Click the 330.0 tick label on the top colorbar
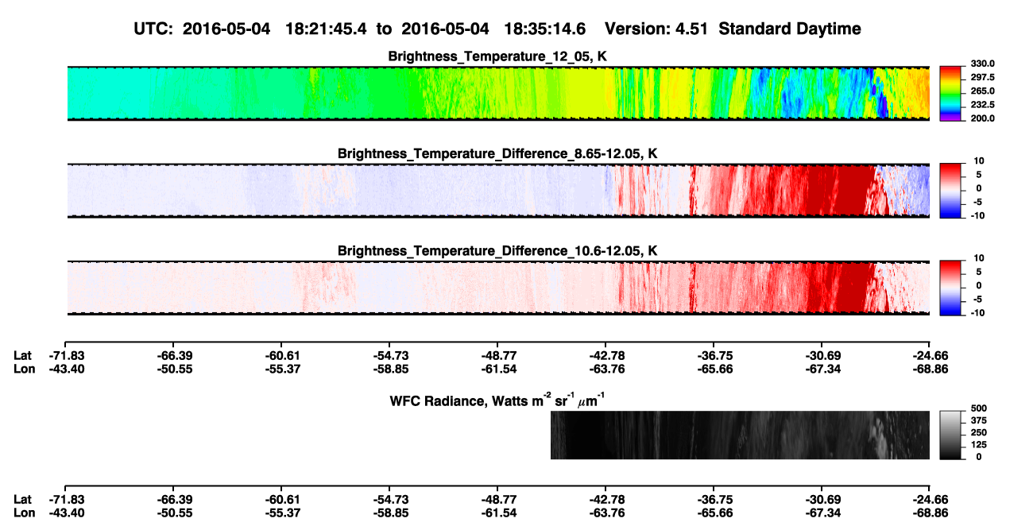(x=982, y=64)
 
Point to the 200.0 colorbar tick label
(x=982, y=118)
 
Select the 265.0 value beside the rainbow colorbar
(x=982, y=91)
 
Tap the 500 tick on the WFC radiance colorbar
(x=979, y=408)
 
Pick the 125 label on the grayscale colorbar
(x=979, y=445)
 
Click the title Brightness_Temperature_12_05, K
(x=497, y=56)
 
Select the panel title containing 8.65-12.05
(x=497, y=153)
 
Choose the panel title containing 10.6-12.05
(x=497, y=251)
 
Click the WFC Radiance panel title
(x=497, y=400)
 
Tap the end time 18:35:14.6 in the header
(x=544, y=29)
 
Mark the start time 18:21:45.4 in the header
(x=326, y=29)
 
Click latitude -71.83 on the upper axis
(x=67, y=356)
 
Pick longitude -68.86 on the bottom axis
(x=930, y=513)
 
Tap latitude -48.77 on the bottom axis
(x=499, y=500)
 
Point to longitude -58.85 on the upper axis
(x=391, y=369)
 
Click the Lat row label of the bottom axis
(x=22, y=500)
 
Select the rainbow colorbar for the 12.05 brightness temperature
(x=950, y=94)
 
